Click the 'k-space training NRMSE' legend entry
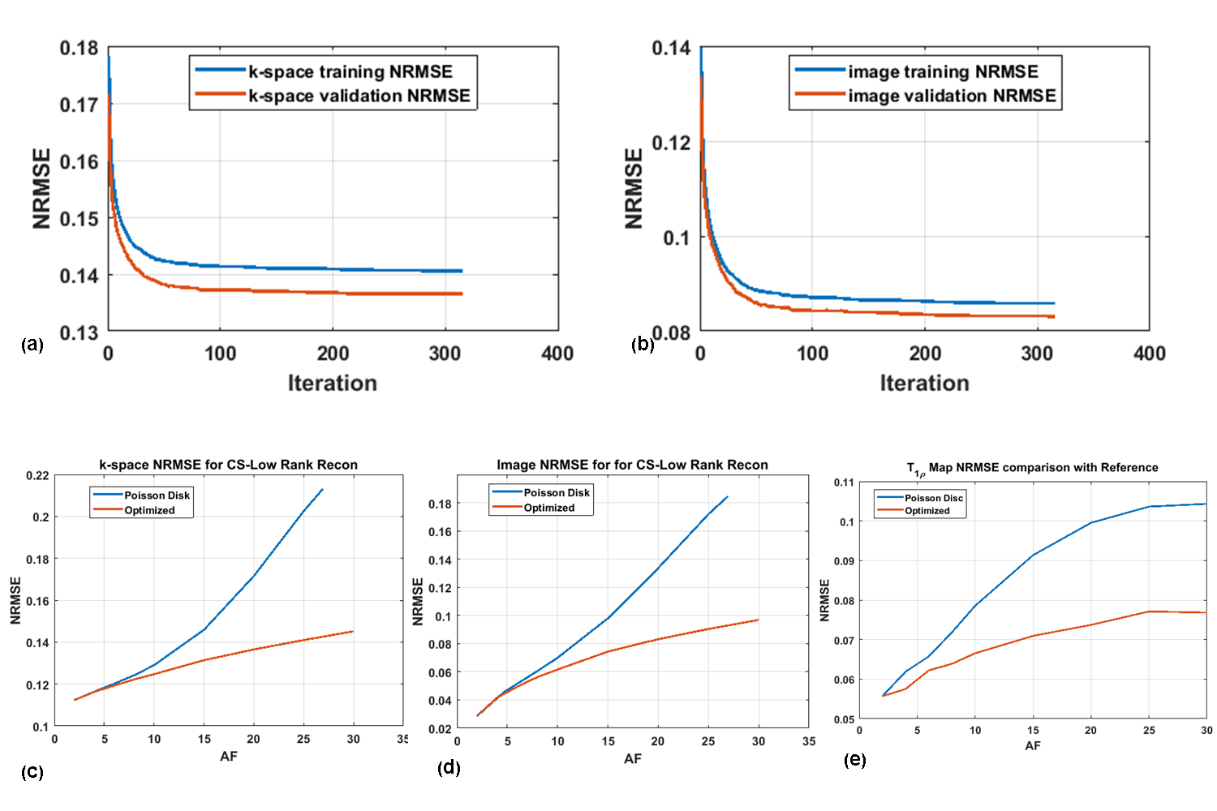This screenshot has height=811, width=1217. pos(350,71)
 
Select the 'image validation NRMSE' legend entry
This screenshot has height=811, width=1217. pos(952,96)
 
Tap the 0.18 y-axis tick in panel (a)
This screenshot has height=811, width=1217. pos(79,48)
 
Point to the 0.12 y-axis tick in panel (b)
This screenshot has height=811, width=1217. pos(672,143)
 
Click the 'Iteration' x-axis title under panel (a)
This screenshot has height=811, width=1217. pos(333,383)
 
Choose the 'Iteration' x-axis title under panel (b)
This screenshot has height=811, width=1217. pos(925,383)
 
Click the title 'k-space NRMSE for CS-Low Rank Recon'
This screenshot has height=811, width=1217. pos(228,465)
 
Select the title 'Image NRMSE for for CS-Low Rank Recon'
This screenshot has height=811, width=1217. pos(632,465)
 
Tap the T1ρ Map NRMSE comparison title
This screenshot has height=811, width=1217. pos(1032,468)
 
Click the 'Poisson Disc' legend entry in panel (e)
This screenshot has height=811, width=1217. pos(934,498)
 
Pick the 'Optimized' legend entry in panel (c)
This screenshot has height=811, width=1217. pos(149,510)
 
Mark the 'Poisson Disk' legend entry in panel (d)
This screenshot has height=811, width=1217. pos(557,492)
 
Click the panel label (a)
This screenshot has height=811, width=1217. pos(32,344)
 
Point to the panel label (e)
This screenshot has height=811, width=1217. pos(855,760)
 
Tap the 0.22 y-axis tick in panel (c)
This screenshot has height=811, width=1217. pos(37,475)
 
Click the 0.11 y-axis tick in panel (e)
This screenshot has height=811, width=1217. pos(844,483)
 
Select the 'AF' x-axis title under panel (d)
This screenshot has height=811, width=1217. pos(633,758)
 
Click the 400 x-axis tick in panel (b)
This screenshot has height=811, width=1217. pos(1150,354)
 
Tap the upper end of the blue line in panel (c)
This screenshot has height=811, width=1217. pos(323,489)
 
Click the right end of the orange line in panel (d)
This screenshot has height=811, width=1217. pos(759,620)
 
